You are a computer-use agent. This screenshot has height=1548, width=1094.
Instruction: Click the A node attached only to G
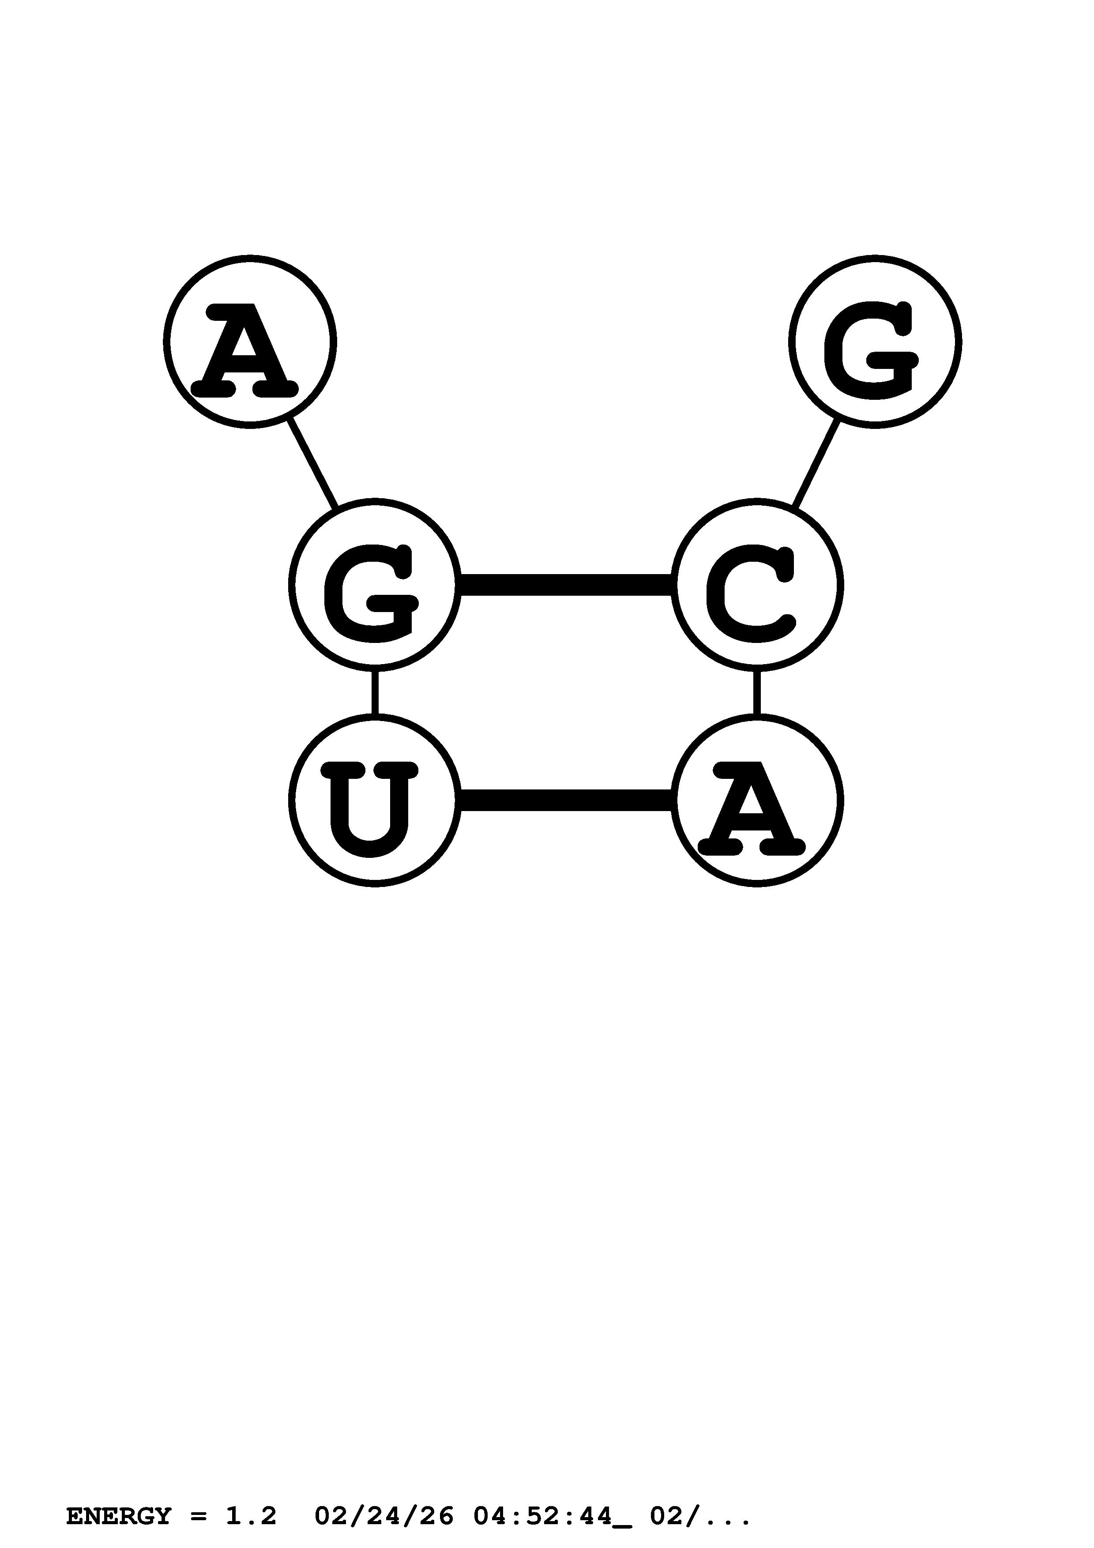coord(249,342)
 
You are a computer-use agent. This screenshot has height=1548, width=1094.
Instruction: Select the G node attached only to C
coord(875,342)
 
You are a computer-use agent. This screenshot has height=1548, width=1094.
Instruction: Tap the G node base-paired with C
coord(375,585)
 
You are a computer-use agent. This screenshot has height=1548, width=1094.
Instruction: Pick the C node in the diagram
coord(756,585)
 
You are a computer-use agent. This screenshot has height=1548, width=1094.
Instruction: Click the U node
coord(375,800)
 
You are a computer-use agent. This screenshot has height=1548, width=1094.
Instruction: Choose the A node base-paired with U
coord(756,800)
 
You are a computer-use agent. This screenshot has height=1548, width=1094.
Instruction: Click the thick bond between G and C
coord(566,585)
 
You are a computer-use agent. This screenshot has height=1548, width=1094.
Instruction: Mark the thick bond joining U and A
coord(566,800)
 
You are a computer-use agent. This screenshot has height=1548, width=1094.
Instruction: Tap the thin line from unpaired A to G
coord(312,464)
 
